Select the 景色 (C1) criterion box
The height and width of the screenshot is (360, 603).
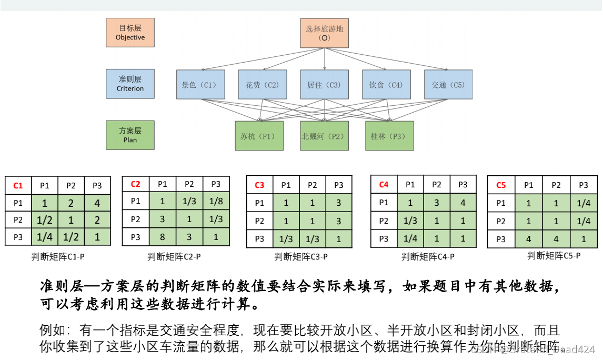(x=200, y=84)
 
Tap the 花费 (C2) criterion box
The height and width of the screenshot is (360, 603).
(x=262, y=84)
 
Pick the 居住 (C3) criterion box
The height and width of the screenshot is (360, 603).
(x=324, y=84)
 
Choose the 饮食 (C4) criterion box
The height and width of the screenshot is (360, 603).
(x=386, y=84)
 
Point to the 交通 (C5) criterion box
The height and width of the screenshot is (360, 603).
(x=448, y=84)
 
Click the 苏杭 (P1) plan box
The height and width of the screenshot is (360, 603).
(x=259, y=136)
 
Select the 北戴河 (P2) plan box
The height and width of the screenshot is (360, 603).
(x=324, y=136)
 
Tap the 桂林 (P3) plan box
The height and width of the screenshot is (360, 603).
(x=389, y=136)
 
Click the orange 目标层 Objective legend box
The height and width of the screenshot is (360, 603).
(x=130, y=33)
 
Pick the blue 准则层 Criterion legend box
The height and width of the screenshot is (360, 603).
(x=130, y=84)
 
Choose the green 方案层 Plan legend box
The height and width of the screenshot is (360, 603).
(x=130, y=135)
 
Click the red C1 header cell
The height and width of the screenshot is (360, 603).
(x=18, y=185)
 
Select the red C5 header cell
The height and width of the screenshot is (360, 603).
(x=501, y=185)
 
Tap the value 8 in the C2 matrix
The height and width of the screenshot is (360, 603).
(x=163, y=237)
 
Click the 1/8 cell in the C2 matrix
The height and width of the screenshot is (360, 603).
(x=216, y=201)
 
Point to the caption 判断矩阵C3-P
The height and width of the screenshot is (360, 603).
(x=301, y=257)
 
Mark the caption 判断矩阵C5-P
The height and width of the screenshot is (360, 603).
(x=554, y=256)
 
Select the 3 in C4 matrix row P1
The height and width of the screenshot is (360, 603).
(x=437, y=203)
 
